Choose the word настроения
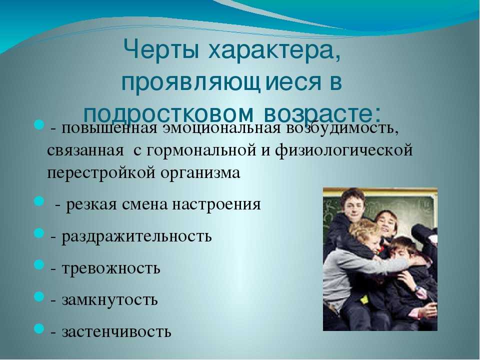tap(216, 204)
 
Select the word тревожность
tap(111, 268)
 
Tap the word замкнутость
tap(110, 300)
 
